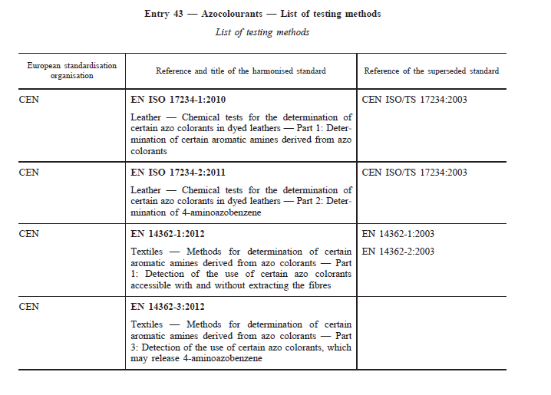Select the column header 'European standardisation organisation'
[72, 71]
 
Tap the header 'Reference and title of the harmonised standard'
[241, 71]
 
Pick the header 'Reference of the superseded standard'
[431, 71]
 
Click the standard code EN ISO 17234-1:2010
[179, 100]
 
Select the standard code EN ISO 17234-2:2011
[179, 173]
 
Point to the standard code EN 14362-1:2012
[168, 234]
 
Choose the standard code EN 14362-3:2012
[168, 307]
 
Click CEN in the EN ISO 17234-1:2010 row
[28, 100]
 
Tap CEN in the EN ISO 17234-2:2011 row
[28, 173]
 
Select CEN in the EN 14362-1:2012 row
[28, 234]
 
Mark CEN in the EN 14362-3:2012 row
[28, 307]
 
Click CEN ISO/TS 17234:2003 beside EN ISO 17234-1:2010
[414, 100]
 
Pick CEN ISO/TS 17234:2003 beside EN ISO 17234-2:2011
[414, 173]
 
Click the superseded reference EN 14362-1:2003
[398, 234]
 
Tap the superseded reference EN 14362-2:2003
[398, 252]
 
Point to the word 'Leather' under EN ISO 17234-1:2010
[146, 117]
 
